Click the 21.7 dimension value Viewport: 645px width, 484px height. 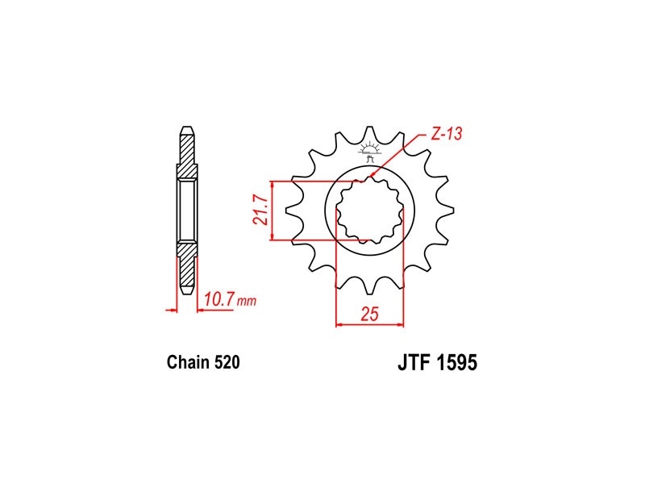pos(261,210)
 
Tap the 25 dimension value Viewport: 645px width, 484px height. pos(369,314)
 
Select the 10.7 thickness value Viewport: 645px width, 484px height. pos(219,298)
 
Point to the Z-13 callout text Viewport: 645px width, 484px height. pos(447,133)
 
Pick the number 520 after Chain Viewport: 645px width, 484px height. pos(227,362)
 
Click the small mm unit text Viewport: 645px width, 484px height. pos(247,302)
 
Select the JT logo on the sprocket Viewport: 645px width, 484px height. pos(370,152)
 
